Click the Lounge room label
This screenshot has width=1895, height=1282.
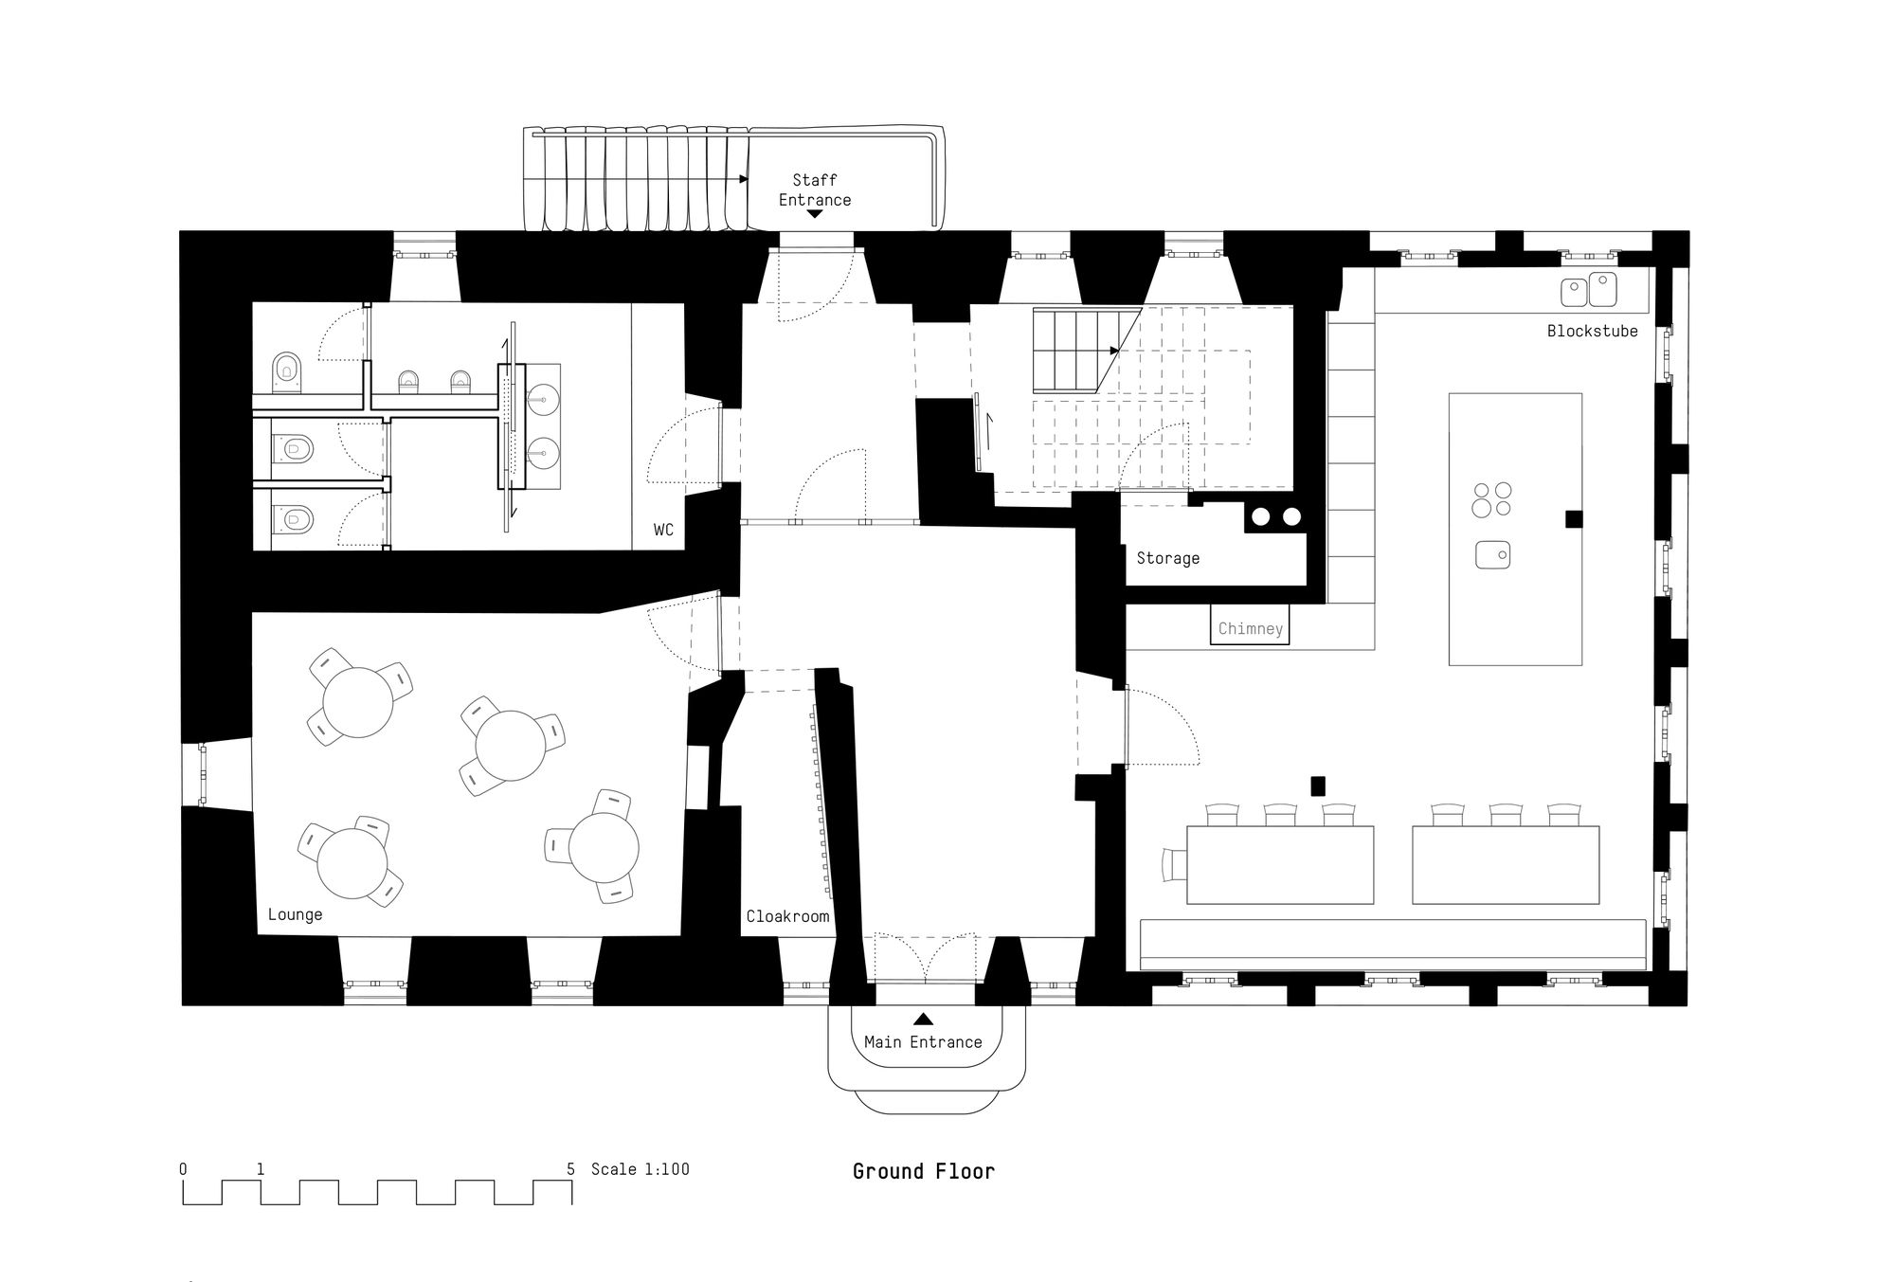295,914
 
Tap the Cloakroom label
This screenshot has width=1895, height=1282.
787,916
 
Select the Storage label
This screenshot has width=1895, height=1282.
1167,559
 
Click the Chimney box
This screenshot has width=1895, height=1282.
1250,628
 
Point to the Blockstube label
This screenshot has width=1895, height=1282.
1592,331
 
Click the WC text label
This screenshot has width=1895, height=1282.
663,530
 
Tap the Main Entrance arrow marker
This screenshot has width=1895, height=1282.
923,1020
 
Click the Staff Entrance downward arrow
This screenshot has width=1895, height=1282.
814,214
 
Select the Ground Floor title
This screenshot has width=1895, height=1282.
923,1171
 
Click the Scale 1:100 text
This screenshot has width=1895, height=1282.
641,1169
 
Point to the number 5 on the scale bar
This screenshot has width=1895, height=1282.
570,1169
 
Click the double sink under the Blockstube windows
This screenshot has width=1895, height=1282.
1589,291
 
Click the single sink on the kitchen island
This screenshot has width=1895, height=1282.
1492,554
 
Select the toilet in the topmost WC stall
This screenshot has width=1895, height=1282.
286,371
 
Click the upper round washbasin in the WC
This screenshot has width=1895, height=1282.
543,399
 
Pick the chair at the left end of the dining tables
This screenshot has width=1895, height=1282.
1174,864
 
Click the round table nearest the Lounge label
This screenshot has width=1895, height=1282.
352,863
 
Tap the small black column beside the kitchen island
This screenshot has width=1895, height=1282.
1574,518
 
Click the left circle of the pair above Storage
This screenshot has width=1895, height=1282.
1261,517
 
